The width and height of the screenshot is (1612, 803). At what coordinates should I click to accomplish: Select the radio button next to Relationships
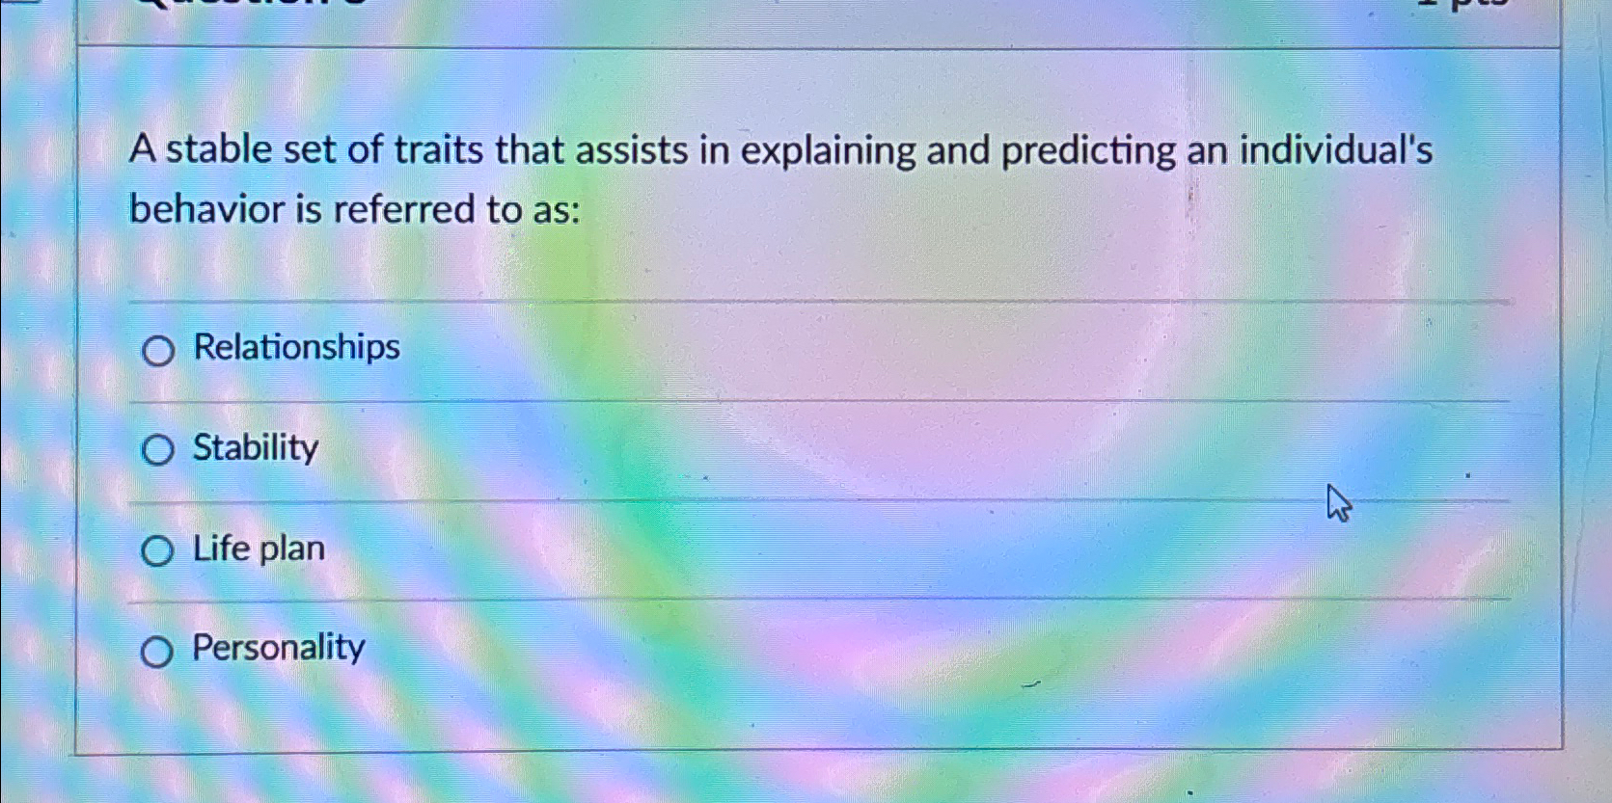158,351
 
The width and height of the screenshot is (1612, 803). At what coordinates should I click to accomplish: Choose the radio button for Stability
157,449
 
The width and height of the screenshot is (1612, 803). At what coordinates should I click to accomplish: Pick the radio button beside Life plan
156,551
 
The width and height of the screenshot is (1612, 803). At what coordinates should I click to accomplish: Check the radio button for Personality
156,653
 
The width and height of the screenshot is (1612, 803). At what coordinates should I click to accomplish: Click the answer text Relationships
296,347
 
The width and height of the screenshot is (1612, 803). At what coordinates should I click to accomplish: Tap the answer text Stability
255,447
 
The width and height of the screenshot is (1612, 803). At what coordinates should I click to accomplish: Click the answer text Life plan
259,549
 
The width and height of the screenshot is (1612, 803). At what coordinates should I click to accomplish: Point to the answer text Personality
278,647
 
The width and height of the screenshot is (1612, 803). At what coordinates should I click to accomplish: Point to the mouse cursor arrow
1336,501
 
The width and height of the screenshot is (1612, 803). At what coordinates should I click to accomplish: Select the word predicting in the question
1088,152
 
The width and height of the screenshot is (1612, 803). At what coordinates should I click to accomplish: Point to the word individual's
1336,150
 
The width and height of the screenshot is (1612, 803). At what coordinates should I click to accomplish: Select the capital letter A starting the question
142,150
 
